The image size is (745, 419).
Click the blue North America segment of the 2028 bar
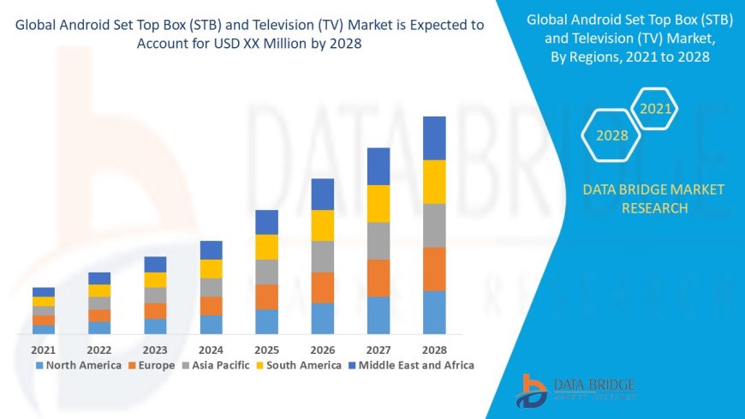pos(434,313)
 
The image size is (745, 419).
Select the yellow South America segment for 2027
pos(378,204)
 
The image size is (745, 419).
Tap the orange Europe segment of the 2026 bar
pos(323,288)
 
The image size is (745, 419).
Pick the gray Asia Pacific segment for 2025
pos(267,272)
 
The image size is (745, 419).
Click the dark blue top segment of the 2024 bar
pos(212,250)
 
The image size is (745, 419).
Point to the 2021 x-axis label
pos(44,350)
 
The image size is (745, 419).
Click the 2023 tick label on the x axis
pos(155,350)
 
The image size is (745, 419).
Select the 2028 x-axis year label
pos(434,350)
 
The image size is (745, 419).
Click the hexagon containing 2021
pos(656,109)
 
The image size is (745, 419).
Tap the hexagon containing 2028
pos(612,135)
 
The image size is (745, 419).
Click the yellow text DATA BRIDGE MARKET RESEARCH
pos(653,199)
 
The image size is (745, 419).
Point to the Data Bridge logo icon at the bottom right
pos(533,391)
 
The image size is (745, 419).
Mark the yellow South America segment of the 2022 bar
pos(99,290)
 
